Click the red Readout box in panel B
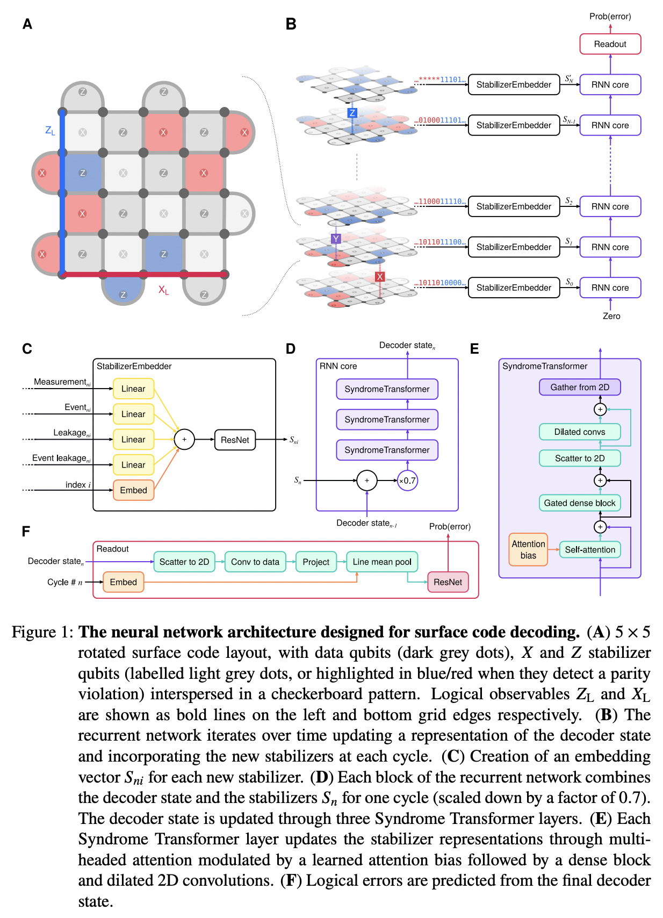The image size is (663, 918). tap(610, 44)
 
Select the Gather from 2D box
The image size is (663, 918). tap(580, 387)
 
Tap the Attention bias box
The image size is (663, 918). tap(528, 549)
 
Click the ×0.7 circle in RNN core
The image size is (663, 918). tap(407, 480)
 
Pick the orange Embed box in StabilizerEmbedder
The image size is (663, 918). tap(133, 490)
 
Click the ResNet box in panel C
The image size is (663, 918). tap(235, 440)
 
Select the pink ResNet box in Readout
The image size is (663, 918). tap(448, 582)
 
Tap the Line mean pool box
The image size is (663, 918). tap(382, 562)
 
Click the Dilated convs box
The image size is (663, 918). tap(580, 432)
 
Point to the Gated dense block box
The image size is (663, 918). tap(580, 503)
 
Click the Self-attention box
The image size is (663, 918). tap(590, 549)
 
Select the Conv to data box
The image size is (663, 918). tap(255, 562)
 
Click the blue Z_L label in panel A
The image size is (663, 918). tap(50, 130)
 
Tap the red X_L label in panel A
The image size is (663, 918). tap(163, 290)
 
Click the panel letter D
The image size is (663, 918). tap(291, 349)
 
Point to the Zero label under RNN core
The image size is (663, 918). tap(611, 316)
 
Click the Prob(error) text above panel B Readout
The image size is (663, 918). tap(610, 16)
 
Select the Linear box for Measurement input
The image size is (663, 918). tap(133, 389)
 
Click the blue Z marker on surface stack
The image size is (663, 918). tap(352, 113)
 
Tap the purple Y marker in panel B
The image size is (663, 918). tap(336, 239)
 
